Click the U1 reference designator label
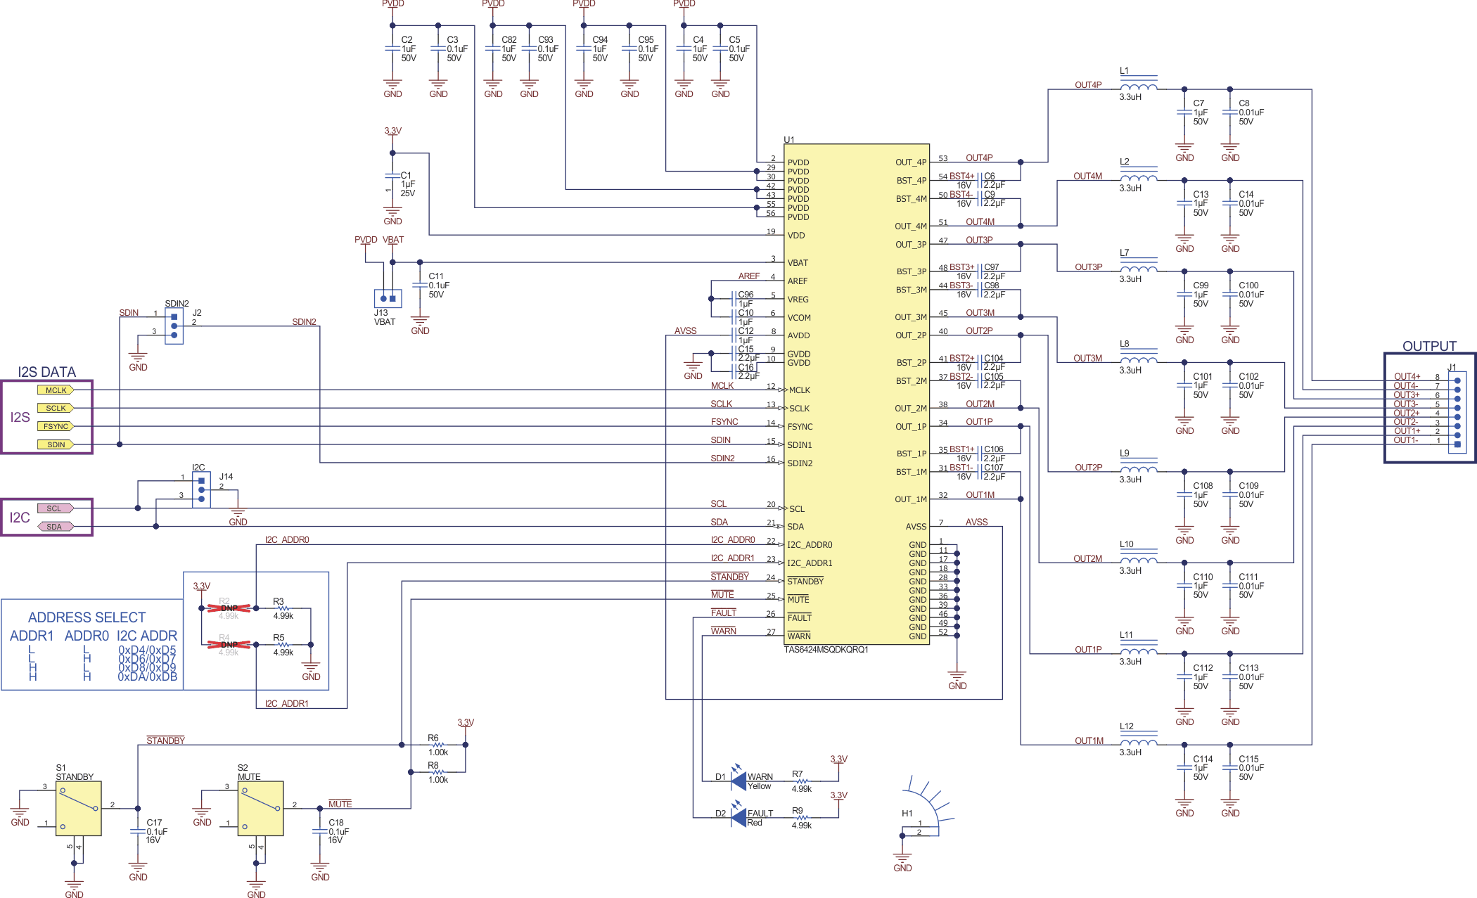point(788,139)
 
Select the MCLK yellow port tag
point(56,390)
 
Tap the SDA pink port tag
point(55,526)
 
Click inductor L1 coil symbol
point(1138,87)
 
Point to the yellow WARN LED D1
point(738,781)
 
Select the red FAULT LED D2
point(738,817)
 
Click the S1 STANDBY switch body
point(78,808)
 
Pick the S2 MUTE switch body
point(260,808)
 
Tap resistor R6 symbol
point(437,744)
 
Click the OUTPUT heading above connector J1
point(1428,346)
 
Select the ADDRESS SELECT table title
point(87,617)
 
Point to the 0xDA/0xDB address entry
point(147,676)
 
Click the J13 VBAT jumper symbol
point(388,298)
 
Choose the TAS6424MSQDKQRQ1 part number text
point(826,650)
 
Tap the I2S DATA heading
point(46,372)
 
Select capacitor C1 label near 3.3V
point(406,175)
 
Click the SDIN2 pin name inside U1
point(800,463)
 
